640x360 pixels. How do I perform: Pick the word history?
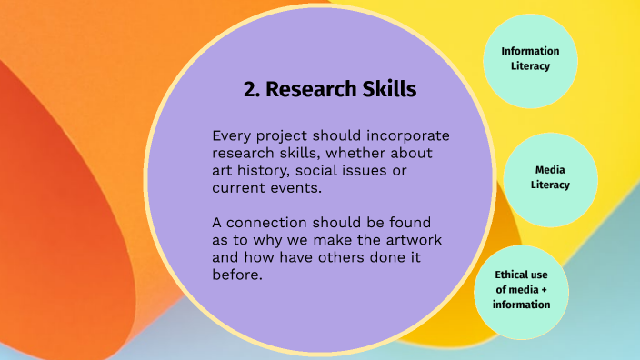[x=269, y=171]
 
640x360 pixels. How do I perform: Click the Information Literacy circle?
[x=530, y=58]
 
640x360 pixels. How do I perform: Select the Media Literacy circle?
[x=551, y=177]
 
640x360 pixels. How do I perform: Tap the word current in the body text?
[x=240, y=189]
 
